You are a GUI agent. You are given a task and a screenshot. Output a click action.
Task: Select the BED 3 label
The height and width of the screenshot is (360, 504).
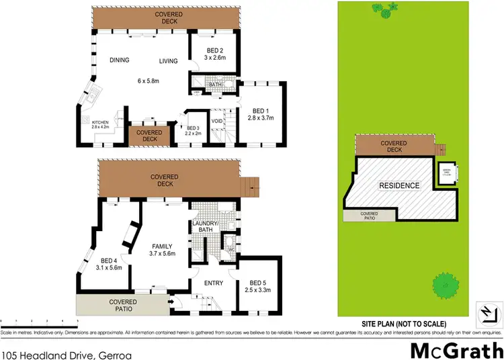pyautogui.click(x=194, y=128)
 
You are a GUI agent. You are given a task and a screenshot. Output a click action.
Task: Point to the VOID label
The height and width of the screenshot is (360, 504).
pyautogui.click(x=217, y=122)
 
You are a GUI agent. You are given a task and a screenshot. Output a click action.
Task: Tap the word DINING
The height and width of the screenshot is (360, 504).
pyautogui.click(x=119, y=60)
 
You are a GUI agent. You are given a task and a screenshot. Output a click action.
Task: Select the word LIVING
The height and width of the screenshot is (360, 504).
pyautogui.click(x=168, y=61)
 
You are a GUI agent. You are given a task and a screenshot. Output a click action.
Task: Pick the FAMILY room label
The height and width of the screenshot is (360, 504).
pyautogui.click(x=162, y=246)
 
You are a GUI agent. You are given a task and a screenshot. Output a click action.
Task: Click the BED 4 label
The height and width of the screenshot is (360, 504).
pyautogui.click(x=109, y=261)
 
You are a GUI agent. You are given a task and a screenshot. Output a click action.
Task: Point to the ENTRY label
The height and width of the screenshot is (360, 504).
pyautogui.click(x=213, y=283)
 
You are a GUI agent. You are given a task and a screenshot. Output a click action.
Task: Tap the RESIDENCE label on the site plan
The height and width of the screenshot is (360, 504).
pyautogui.click(x=399, y=185)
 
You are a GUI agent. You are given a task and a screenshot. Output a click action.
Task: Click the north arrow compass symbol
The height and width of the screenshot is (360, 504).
pyautogui.click(x=487, y=312)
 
